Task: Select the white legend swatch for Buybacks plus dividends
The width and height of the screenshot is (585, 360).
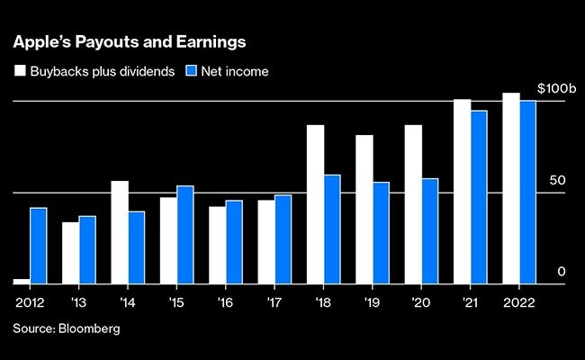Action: click(x=19, y=69)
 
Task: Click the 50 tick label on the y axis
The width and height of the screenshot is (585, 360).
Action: click(x=557, y=181)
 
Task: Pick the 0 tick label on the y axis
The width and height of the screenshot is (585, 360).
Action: click(x=561, y=272)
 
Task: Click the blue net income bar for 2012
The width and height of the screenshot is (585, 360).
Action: click(x=38, y=246)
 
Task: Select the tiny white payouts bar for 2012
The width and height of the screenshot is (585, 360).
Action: click(x=21, y=281)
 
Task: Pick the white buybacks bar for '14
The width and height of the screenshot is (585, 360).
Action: click(x=120, y=232)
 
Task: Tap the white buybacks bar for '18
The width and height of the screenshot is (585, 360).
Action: click(x=315, y=204)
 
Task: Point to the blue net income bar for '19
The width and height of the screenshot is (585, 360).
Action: click(x=382, y=232)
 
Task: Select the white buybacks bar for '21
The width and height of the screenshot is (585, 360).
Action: click(x=462, y=191)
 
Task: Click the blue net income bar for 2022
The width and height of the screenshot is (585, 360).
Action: click(x=528, y=192)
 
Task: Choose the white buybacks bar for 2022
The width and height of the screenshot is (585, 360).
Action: click(x=511, y=188)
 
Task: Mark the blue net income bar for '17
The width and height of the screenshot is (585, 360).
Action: click(x=283, y=238)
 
